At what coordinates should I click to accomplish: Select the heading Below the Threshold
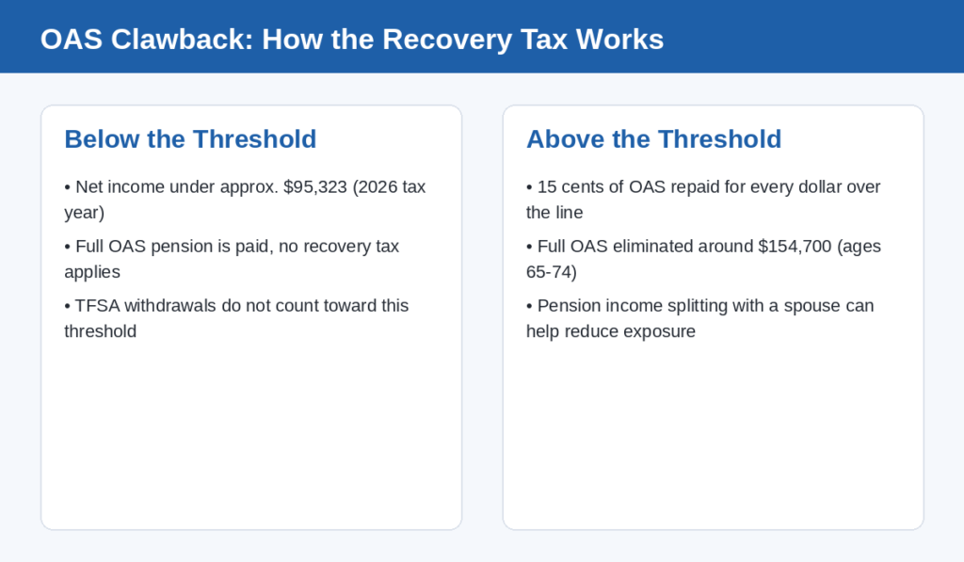coord(190,139)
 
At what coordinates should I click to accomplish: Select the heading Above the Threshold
coord(654,139)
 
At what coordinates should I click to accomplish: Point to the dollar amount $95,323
coord(315,187)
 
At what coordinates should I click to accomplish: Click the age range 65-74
coord(549,272)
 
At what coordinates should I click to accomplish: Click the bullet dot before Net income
coord(67,187)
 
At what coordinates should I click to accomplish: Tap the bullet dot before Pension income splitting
coord(529,306)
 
